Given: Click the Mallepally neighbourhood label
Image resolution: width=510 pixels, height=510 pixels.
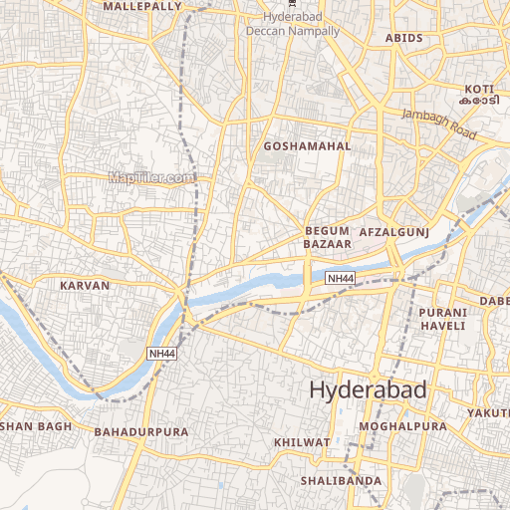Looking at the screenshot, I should [142, 6].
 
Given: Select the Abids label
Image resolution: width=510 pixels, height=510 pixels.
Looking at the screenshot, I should [404, 38].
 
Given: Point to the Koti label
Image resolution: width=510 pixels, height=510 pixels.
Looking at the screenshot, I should [477, 89].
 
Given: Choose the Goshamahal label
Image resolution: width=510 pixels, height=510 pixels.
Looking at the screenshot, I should [308, 146].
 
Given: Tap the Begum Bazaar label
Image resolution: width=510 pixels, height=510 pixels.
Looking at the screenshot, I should [327, 237].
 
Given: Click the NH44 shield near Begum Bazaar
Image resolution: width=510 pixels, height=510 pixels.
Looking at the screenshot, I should [340, 279].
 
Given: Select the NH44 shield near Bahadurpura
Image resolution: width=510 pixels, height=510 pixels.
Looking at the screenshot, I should [161, 354].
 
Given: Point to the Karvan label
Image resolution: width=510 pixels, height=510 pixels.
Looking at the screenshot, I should [85, 285].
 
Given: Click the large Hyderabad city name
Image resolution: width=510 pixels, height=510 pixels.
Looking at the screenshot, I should [368, 390].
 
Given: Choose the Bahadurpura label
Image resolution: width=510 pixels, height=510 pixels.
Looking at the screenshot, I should [140, 432].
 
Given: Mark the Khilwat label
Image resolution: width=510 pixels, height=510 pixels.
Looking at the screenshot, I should [301, 441].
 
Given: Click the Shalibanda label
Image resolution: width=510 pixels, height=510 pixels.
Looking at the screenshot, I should [341, 481].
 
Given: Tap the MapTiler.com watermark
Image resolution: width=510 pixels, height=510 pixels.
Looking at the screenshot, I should [152, 178].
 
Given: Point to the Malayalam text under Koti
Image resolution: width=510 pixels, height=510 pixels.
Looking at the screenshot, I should [478, 102].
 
